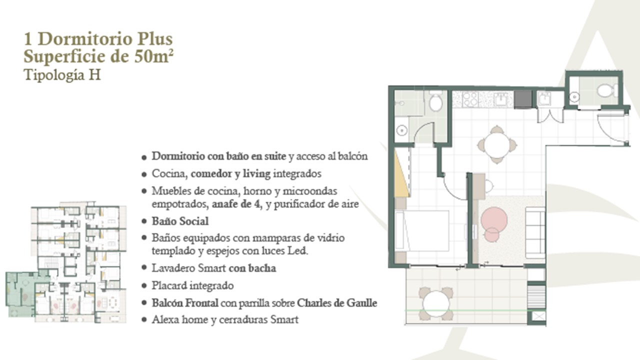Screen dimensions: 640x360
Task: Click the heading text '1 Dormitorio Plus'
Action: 98,39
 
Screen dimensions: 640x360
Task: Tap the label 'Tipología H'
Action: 62,75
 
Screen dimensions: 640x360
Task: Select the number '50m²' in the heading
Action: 153,56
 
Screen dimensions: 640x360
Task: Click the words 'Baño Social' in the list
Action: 180,221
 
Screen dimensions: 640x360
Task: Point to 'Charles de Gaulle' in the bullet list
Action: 337,303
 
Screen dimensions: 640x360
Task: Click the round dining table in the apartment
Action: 497,144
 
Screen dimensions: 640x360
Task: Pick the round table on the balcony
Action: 436,303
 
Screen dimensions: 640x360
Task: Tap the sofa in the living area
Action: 535,233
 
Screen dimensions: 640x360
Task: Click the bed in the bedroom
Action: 422,231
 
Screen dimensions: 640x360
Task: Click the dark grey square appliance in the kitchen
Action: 523,99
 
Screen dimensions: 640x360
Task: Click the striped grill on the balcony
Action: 536,297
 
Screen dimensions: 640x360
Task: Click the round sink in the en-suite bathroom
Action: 401,131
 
